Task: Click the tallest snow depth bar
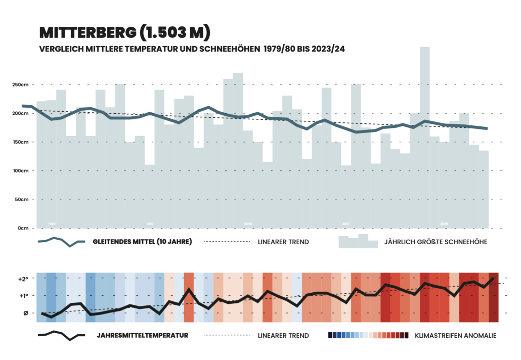click(x=424, y=137)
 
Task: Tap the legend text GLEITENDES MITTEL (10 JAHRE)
click(x=142, y=242)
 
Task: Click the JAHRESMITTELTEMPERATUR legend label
click(x=142, y=335)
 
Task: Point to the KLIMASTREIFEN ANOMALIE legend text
click(x=455, y=335)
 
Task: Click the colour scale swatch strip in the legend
click(x=368, y=335)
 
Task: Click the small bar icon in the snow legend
click(x=358, y=241)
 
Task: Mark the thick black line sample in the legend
click(x=61, y=336)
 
